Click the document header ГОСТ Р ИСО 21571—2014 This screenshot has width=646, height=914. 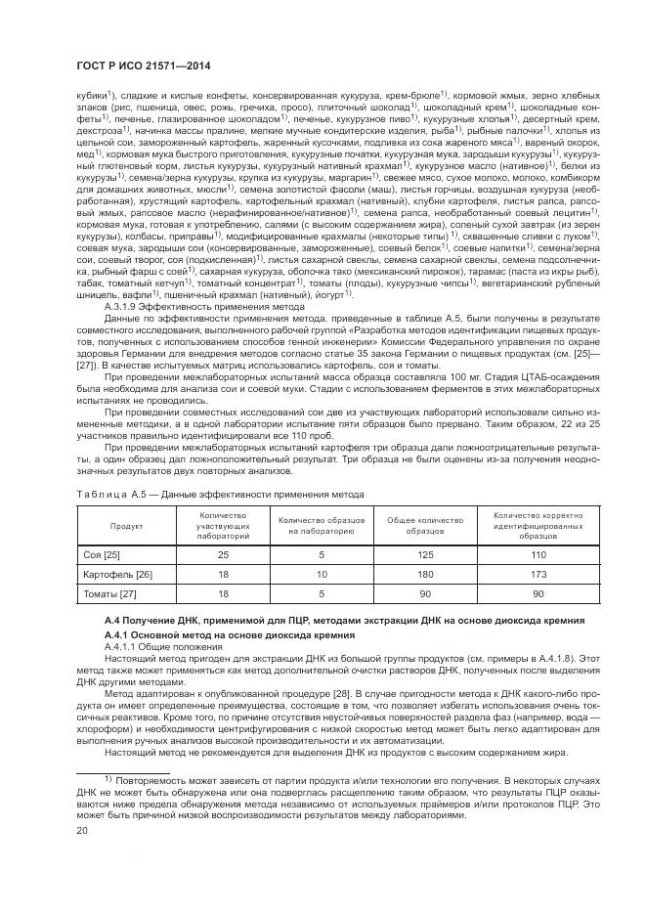point(139,64)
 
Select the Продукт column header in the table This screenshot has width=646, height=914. point(126,525)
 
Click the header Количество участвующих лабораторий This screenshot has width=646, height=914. point(222,525)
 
